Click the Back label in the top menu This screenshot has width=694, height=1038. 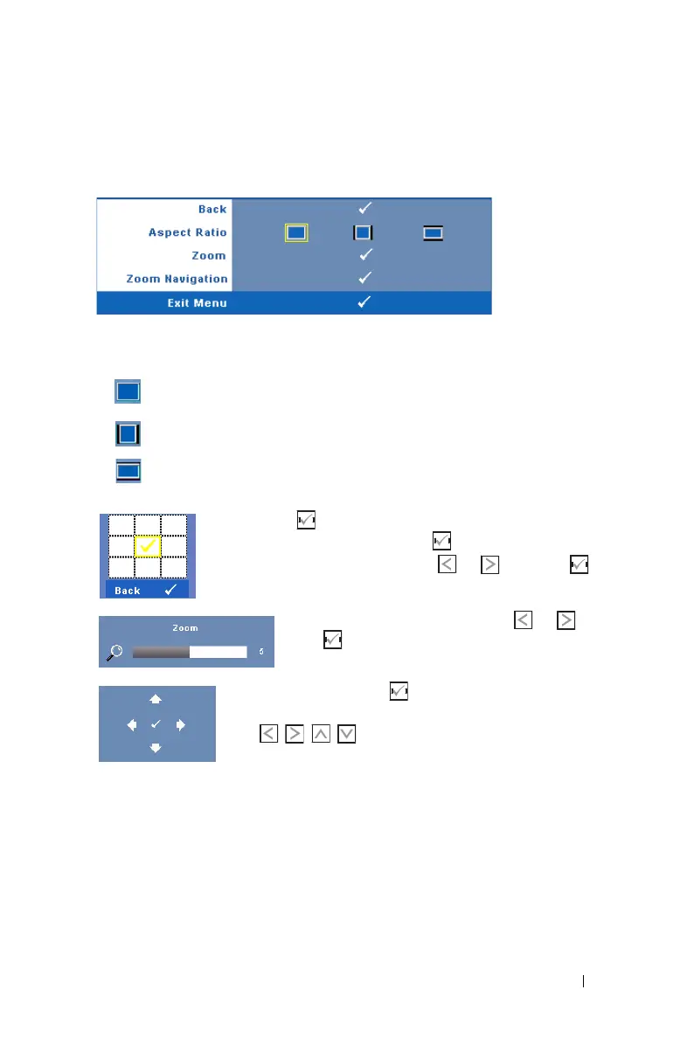click(x=212, y=210)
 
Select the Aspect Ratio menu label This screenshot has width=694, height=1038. click(x=188, y=232)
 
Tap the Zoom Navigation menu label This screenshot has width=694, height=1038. click(x=177, y=280)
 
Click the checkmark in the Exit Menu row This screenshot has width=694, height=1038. click(x=365, y=303)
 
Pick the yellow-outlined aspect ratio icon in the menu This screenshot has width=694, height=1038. click(x=296, y=233)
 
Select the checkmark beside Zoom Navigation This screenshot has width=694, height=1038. click(x=365, y=279)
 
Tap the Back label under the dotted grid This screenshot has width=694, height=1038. click(x=128, y=591)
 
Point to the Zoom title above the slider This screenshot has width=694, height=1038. click(x=185, y=628)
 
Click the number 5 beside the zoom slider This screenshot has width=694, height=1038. click(x=260, y=652)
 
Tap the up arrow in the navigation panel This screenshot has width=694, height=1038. click(x=156, y=698)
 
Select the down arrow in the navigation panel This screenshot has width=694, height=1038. click(x=156, y=748)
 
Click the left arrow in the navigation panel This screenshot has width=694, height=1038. click(x=131, y=723)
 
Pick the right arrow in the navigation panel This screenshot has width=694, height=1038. click(x=180, y=723)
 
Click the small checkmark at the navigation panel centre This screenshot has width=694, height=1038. click(x=156, y=723)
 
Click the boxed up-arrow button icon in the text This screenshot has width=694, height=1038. click(x=321, y=735)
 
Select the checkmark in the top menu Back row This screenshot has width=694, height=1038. click(x=365, y=209)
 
